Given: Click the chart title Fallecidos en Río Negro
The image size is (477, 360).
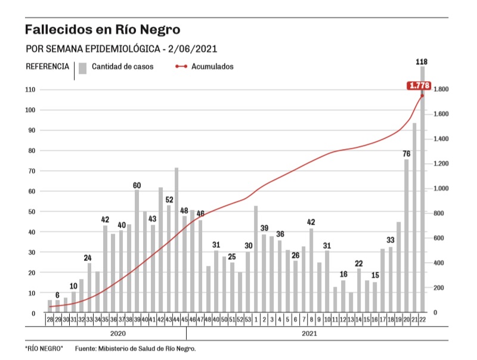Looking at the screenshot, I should [x=102, y=29].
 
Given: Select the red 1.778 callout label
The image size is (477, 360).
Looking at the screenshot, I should [x=419, y=86].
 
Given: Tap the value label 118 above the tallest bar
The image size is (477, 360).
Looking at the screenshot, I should [x=422, y=62].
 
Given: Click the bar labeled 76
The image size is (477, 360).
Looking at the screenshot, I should [x=406, y=235].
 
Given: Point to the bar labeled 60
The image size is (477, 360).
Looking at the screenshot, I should [x=137, y=250].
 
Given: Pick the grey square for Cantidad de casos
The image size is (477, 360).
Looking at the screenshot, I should [x=83, y=67].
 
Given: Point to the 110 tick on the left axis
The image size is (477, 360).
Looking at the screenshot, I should [x=30, y=89].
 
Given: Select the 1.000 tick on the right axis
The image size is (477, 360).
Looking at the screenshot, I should [x=445, y=189].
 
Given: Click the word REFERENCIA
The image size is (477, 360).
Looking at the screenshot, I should [x=47, y=66].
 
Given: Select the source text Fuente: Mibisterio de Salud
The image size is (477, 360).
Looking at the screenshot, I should [x=135, y=349].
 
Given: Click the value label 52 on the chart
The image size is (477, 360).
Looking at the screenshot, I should [x=169, y=200].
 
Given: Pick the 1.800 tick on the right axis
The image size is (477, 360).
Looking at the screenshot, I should [x=445, y=89].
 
